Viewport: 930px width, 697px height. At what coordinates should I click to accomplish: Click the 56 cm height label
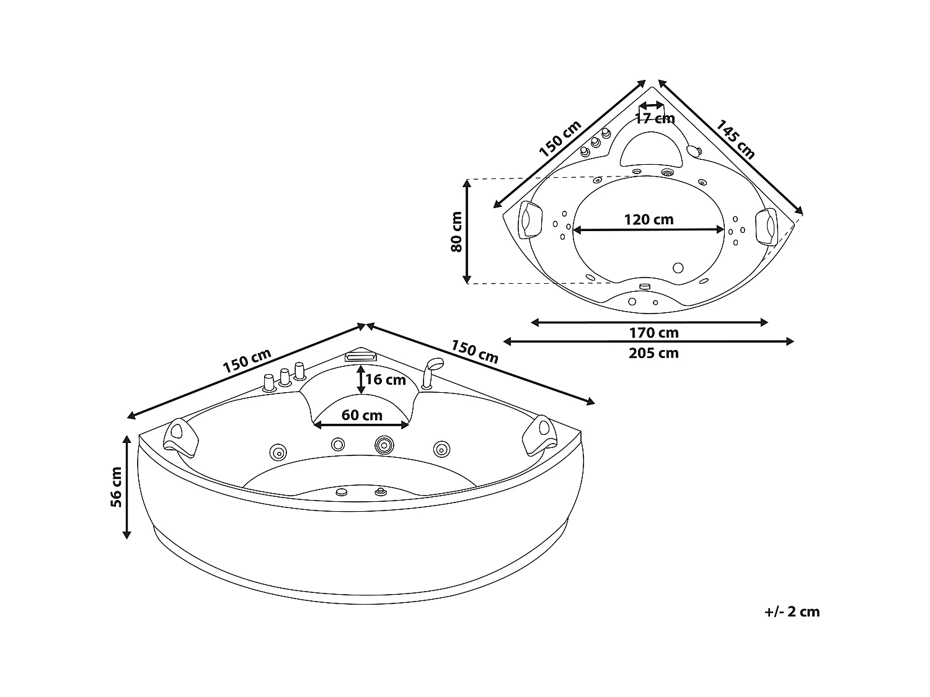tap(116, 487)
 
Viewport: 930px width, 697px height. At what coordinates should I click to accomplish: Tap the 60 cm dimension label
tap(362, 414)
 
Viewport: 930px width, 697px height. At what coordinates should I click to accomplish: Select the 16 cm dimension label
tap(385, 379)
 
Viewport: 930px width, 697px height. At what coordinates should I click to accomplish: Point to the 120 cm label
tap(649, 219)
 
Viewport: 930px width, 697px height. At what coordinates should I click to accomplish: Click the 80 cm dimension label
tap(456, 231)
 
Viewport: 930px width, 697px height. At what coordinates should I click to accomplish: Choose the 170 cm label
tap(653, 333)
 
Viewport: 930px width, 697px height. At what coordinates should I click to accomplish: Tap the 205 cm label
tap(653, 353)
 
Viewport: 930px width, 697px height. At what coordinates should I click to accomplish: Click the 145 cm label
tap(736, 139)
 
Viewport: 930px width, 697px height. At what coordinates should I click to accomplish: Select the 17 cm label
tap(655, 118)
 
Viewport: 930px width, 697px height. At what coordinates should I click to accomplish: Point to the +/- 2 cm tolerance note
tap(792, 612)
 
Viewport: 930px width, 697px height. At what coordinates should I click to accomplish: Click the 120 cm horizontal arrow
tap(649, 230)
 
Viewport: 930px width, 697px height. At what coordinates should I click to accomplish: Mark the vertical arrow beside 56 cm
tap(127, 486)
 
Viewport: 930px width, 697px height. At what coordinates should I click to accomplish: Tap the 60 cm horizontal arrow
tap(362, 425)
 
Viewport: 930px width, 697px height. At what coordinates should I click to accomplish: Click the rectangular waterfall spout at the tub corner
tap(360, 357)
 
